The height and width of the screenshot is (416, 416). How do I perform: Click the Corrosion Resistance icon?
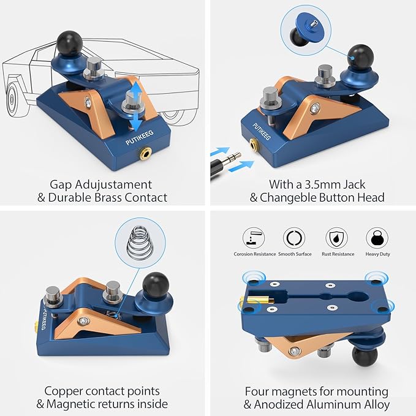coord(254,238)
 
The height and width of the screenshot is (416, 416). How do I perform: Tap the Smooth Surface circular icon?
coord(294,238)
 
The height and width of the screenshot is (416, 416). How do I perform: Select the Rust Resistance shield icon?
coord(337,238)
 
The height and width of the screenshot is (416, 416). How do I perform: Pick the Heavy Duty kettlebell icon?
coord(377,238)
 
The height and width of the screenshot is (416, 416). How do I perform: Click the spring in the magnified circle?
coord(140,243)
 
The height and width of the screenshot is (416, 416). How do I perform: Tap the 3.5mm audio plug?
coord(226,164)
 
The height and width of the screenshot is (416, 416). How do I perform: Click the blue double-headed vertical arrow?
coord(136,107)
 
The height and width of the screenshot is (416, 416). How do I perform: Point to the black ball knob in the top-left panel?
coord(69,43)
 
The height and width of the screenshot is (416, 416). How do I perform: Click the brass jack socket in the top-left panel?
coord(145,153)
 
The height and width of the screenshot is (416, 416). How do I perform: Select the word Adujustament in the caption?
coord(113,184)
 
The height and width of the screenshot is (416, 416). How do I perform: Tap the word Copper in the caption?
coord(63,391)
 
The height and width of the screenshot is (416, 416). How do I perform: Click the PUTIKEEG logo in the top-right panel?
coord(262,131)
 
